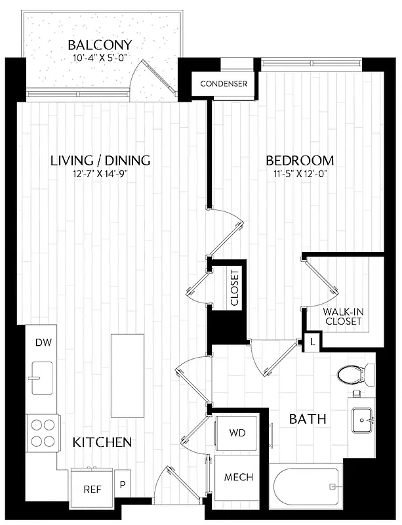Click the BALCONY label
click(x=100, y=45)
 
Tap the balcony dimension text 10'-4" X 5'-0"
click(x=100, y=59)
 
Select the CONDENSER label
click(x=224, y=84)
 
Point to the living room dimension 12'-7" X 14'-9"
click(x=100, y=175)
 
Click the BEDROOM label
click(x=300, y=160)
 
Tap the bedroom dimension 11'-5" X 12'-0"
click(x=300, y=175)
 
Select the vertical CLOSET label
click(x=235, y=289)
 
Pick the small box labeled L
click(x=313, y=342)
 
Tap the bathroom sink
click(x=362, y=420)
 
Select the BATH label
click(x=308, y=419)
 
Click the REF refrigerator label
click(x=91, y=489)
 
